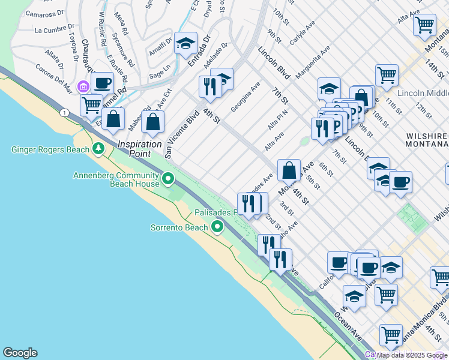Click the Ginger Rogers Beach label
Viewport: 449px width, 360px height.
click(x=48, y=148)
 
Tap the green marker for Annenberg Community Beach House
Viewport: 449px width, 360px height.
click(x=169, y=178)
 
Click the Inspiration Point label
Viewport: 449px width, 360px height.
click(x=140, y=148)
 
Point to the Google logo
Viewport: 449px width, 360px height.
click(x=20, y=353)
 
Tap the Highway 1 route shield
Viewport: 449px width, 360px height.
click(x=63, y=113)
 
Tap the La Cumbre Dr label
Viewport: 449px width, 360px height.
click(x=55, y=29)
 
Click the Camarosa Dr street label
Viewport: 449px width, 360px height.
click(x=45, y=13)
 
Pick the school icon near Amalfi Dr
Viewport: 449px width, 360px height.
click(x=186, y=43)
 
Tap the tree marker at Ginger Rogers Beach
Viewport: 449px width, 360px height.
click(x=98, y=148)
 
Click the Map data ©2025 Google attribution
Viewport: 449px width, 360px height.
click(x=412, y=355)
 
